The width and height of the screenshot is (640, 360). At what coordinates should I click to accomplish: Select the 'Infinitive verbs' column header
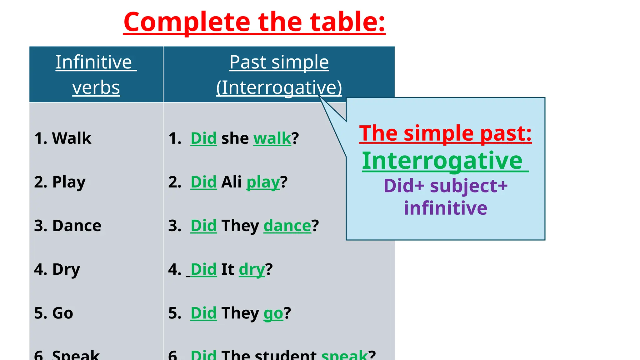[x=96, y=74]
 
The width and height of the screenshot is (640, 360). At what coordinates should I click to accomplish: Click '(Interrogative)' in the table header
[x=279, y=87]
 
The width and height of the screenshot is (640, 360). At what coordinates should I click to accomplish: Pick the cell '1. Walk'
[x=63, y=138]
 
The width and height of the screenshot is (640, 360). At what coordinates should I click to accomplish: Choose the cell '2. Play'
[x=60, y=182]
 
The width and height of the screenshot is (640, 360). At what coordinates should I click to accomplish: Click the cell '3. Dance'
[x=67, y=226]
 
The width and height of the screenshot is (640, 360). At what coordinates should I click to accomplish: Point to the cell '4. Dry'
[x=57, y=269]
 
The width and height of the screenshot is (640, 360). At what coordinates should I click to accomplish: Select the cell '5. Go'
[x=53, y=313]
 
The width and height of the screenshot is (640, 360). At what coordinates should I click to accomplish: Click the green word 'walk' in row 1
[x=272, y=138]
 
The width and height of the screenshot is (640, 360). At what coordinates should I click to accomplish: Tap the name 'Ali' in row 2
[x=231, y=182]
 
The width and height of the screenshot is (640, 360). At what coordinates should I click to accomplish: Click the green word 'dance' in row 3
[x=287, y=226]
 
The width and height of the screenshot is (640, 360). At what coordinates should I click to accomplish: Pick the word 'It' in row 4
[x=227, y=269]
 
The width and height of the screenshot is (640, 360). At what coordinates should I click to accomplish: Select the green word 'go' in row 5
[x=273, y=313]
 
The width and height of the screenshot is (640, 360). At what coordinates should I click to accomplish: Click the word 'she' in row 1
[x=235, y=138]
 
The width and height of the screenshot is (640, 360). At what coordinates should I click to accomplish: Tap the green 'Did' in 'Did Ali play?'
[x=203, y=182]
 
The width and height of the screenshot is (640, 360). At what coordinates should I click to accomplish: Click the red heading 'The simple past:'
[x=445, y=133]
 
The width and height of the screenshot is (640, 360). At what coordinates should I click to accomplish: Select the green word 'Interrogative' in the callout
[x=442, y=161]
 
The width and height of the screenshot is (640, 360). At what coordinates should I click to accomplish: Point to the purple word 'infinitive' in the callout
[x=445, y=208]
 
